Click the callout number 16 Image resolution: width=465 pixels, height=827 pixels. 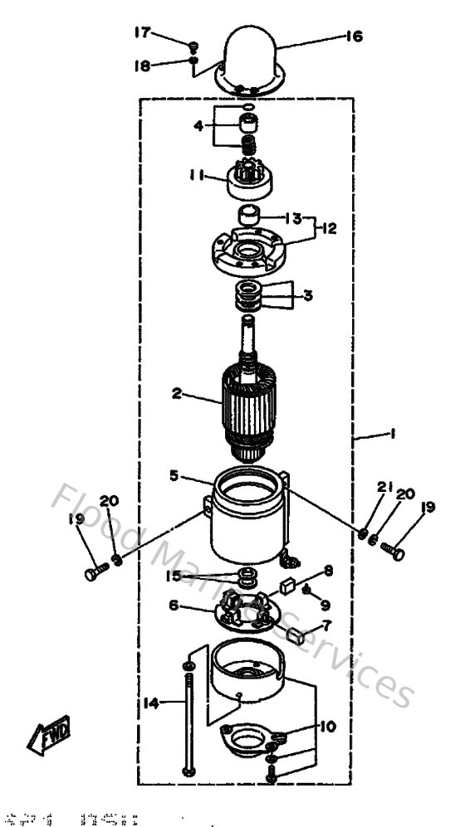click(x=355, y=36)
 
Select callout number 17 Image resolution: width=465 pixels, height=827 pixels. click(x=143, y=32)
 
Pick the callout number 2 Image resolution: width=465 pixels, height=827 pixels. click(x=176, y=394)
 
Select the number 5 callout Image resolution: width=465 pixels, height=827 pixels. click(x=174, y=475)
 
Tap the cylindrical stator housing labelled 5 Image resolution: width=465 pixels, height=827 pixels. click(x=247, y=523)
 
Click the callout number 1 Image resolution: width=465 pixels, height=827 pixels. click(x=393, y=433)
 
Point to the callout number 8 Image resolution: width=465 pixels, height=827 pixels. click(x=329, y=571)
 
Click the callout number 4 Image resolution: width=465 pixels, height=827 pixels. click(x=198, y=126)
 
